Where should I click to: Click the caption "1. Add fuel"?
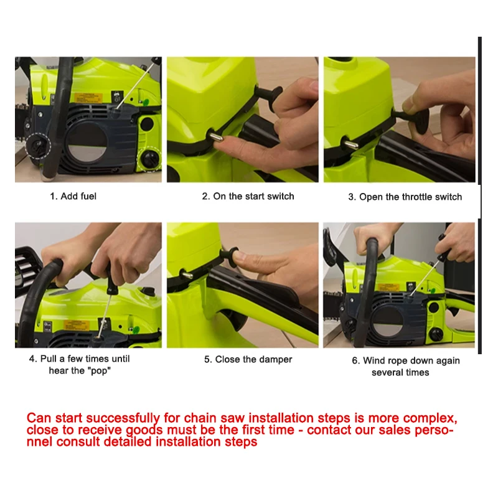click(73, 196)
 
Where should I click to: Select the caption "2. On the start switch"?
click(248, 196)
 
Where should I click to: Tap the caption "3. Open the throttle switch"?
click(405, 197)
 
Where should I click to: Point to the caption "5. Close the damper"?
click(248, 360)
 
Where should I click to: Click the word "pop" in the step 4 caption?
click(99, 371)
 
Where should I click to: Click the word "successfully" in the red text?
click(123, 418)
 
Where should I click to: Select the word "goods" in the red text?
click(144, 430)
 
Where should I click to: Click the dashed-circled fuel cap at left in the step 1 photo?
click(38, 146)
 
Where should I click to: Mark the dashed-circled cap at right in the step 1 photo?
click(149, 159)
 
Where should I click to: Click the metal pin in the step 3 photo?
click(351, 144)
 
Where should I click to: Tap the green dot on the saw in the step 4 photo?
click(136, 329)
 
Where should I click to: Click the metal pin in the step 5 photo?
click(187, 274)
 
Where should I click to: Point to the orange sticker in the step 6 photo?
click(388, 288)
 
